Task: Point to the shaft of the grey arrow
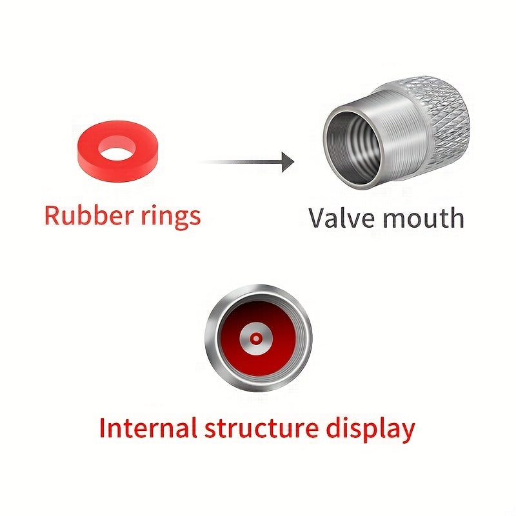239,161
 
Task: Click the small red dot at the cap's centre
257,338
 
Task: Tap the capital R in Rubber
52,215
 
